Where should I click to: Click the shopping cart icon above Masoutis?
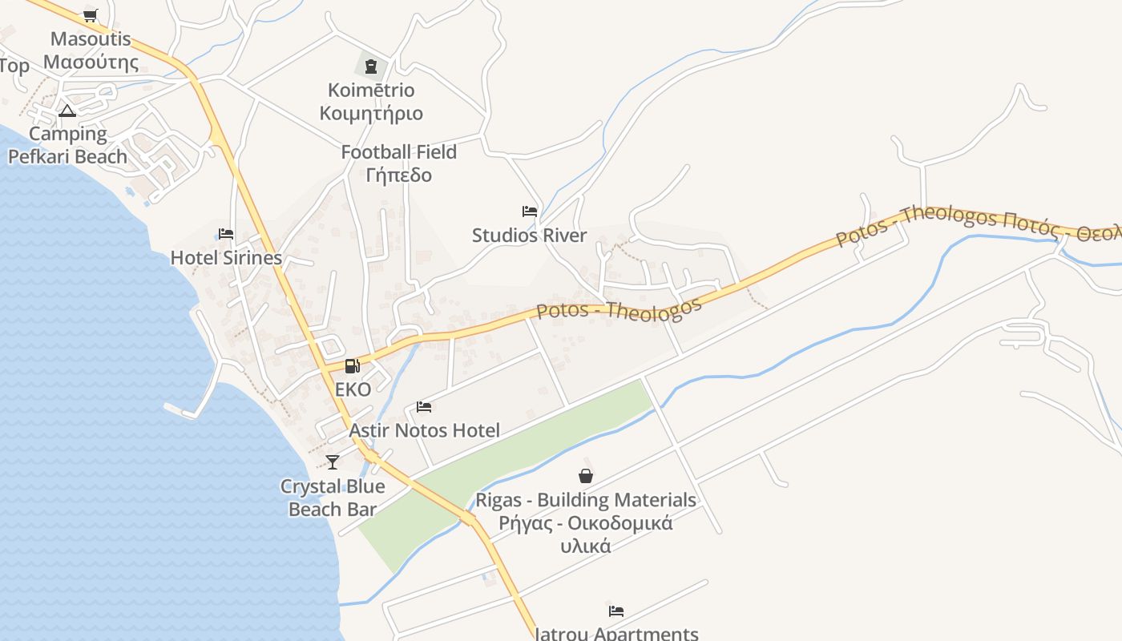click(91, 16)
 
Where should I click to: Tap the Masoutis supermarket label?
click(91, 50)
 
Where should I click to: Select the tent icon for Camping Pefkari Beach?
click(67, 111)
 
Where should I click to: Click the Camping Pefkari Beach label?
click(67, 145)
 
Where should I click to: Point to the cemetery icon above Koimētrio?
click(371, 66)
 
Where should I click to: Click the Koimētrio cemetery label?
click(371, 102)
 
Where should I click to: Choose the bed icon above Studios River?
click(530, 212)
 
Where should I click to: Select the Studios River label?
click(529, 236)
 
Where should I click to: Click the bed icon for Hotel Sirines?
click(226, 234)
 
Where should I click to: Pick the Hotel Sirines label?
click(226, 258)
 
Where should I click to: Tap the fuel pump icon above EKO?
click(352, 366)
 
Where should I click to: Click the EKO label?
click(353, 390)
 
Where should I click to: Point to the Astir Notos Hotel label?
click(425, 431)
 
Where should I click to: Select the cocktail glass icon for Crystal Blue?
click(333, 462)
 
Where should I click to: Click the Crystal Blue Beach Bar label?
click(333, 498)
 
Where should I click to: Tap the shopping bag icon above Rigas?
click(586, 476)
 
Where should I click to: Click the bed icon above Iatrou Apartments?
click(615, 611)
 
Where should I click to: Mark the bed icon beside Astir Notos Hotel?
click(424, 407)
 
